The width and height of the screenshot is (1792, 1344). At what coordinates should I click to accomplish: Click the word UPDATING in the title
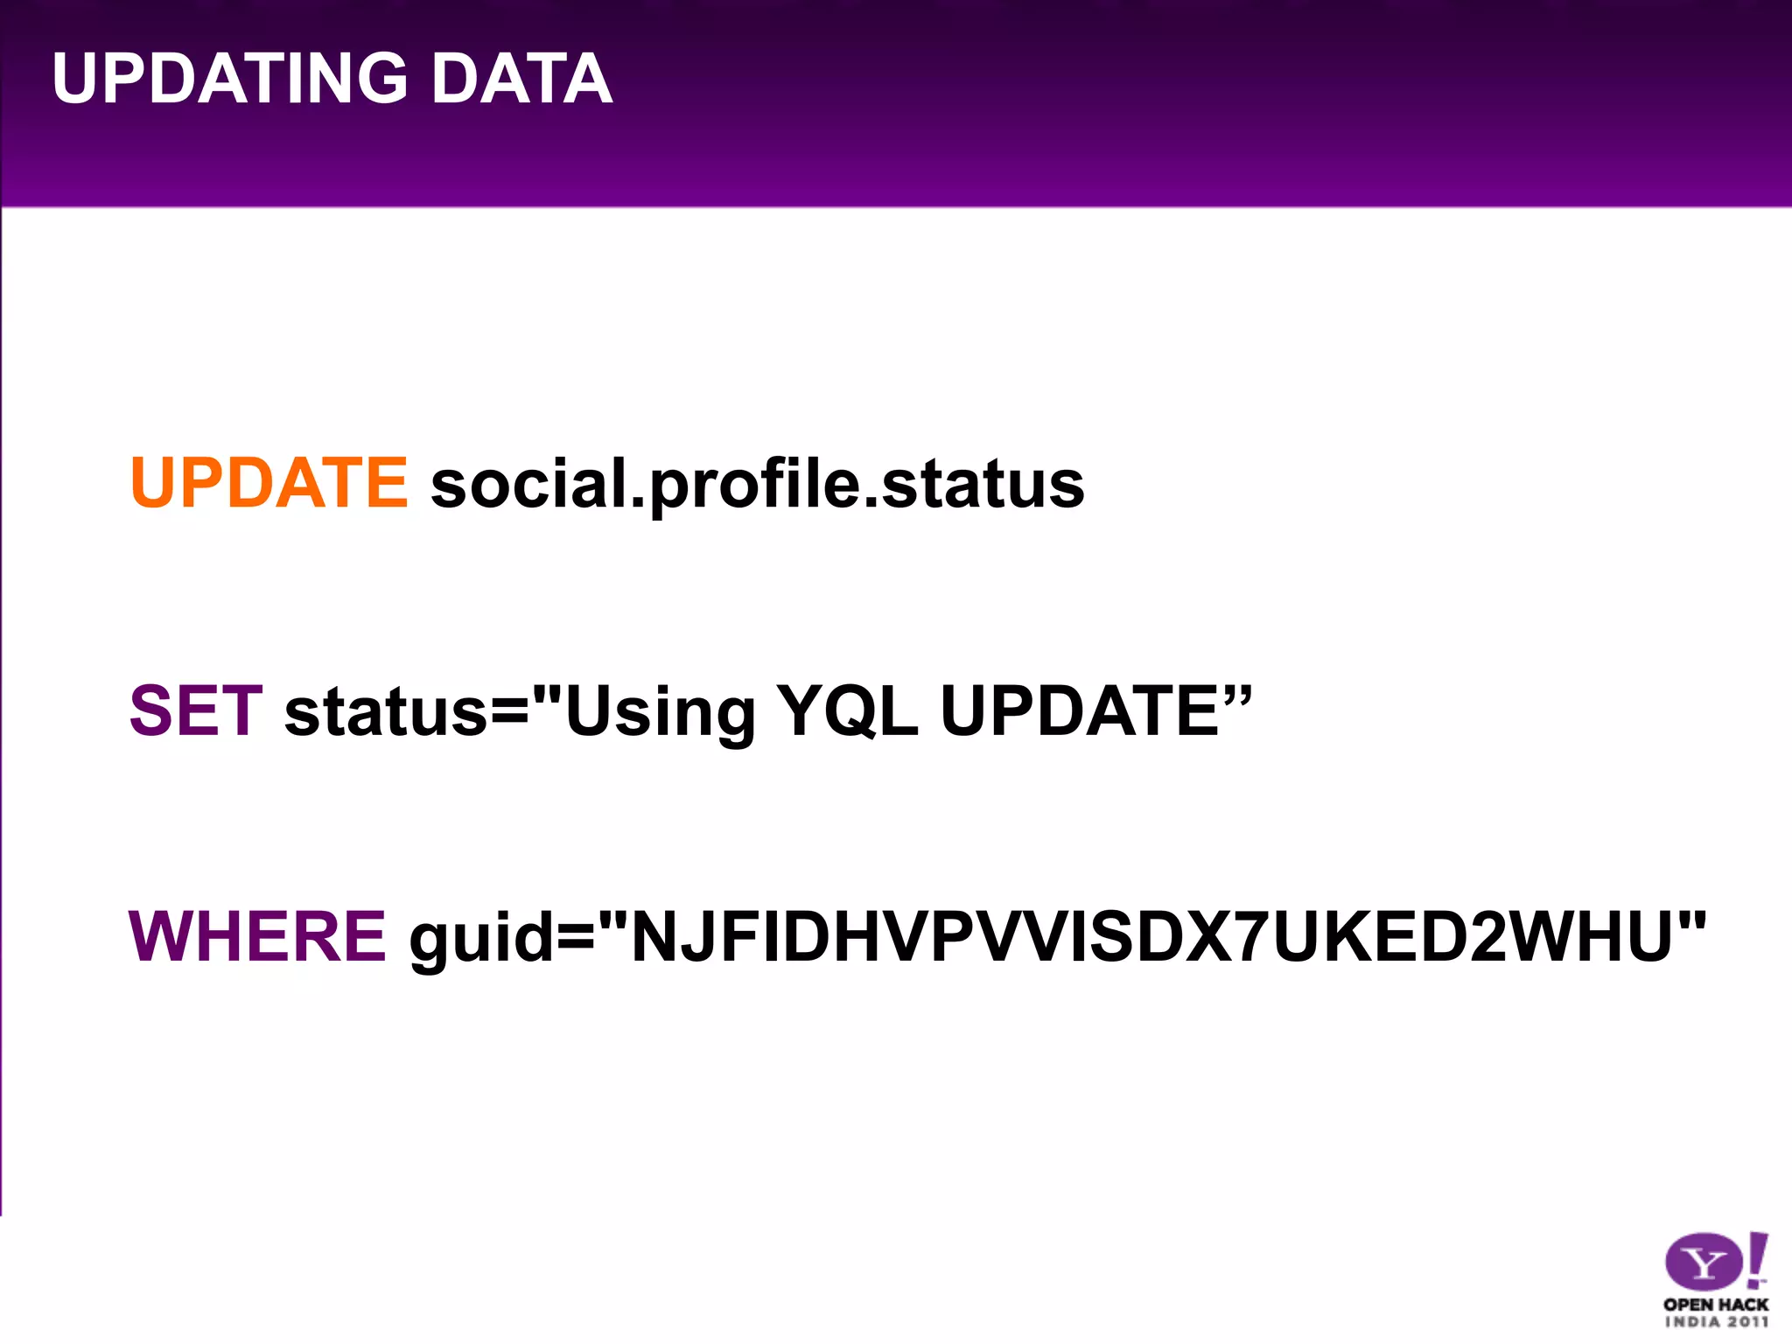click(x=230, y=79)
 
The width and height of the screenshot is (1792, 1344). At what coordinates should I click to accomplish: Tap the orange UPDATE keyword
click(x=269, y=483)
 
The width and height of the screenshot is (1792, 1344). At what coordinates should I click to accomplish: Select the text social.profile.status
click(x=757, y=485)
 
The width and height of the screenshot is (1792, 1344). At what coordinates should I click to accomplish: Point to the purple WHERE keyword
click(x=257, y=936)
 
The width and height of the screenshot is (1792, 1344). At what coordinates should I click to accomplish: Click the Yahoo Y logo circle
click(x=1703, y=1262)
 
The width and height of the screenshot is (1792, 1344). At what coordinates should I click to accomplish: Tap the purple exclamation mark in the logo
click(x=1757, y=1260)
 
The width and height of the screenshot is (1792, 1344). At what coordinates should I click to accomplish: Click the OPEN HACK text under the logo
click(x=1715, y=1304)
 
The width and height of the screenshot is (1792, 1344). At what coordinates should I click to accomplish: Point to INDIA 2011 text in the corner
click(x=1715, y=1322)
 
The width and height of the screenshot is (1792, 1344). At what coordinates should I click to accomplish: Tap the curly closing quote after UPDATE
click(x=1237, y=696)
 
